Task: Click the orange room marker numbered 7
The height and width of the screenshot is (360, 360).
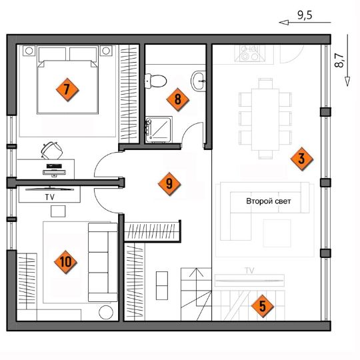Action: [x=67, y=89]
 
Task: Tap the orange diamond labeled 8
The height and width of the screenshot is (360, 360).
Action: [x=178, y=99]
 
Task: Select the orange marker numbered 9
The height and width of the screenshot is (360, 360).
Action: [x=169, y=184]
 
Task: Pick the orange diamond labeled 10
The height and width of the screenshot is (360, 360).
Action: [x=65, y=262]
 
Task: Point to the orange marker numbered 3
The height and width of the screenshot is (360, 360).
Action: [x=302, y=159]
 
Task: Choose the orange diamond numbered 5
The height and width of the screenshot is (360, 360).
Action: [x=263, y=306]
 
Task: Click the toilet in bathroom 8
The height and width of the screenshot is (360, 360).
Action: [x=155, y=81]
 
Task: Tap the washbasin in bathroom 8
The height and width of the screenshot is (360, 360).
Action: [x=199, y=81]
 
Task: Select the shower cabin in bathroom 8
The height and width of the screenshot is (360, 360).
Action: [x=159, y=129]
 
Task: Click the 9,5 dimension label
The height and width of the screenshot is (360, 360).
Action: [x=305, y=15]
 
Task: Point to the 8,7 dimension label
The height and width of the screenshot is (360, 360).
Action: [x=339, y=60]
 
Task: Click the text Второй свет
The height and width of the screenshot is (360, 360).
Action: [x=269, y=201]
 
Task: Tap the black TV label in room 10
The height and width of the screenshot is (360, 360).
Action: [x=49, y=197]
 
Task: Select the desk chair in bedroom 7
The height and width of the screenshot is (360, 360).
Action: [x=52, y=151]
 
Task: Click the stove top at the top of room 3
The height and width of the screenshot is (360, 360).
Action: [x=250, y=53]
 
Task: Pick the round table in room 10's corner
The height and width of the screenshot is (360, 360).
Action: [x=106, y=312]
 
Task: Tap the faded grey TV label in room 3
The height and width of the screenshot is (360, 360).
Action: [x=250, y=271]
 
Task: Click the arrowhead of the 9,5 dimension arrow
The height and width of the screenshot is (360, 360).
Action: [x=283, y=23]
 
